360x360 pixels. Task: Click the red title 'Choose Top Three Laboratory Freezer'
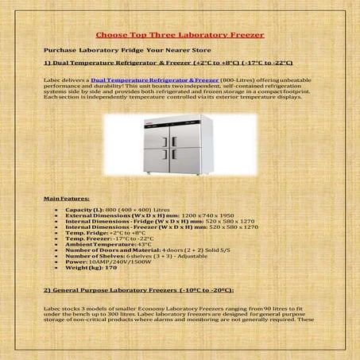180,35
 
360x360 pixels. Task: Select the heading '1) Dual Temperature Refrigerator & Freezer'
168,62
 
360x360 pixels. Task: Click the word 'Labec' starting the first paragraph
52,80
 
